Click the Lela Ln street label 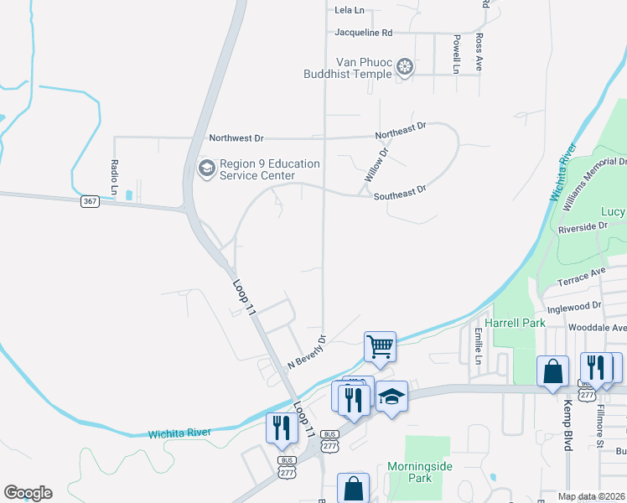(350, 10)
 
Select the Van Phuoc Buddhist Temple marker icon (406, 66)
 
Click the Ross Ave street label (479, 52)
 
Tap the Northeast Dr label (401, 130)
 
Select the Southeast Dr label (400, 193)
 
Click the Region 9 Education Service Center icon (206, 169)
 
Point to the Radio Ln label (115, 174)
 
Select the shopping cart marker (380, 345)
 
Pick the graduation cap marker (391, 397)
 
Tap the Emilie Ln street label (478, 345)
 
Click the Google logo (28, 493)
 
